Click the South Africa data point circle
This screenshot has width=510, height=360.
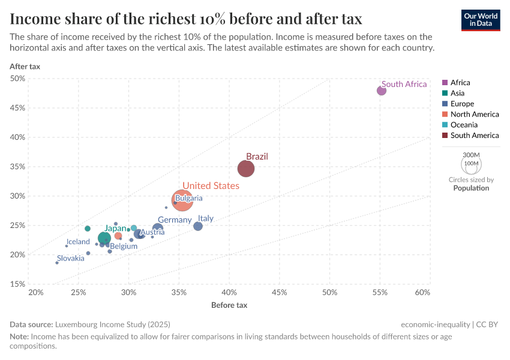(x=382, y=91)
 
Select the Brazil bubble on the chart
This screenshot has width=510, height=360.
(x=246, y=169)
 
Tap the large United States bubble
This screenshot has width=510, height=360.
(x=182, y=200)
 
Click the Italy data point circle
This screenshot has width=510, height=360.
(x=198, y=226)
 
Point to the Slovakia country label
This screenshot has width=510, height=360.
(x=71, y=258)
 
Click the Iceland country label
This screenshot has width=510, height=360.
(x=78, y=242)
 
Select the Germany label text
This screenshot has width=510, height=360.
(x=175, y=220)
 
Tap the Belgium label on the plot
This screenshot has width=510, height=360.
(x=124, y=246)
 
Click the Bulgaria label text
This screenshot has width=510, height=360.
(x=189, y=198)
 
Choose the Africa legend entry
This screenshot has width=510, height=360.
(x=460, y=83)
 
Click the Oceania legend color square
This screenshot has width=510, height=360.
(x=445, y=125)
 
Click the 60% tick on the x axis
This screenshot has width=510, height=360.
(x=422, y=292)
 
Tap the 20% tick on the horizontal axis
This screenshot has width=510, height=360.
(x=36, y=292)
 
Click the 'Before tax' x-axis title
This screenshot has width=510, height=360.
(x=229, y=305)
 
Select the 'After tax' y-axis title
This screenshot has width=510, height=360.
(x=25, y=66)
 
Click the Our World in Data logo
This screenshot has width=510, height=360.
(x=480, y=20)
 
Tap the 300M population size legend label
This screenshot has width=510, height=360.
(x=471, y=155)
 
